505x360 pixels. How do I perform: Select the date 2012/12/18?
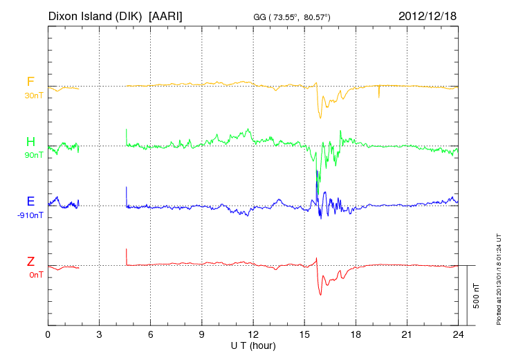[x=428, y=15]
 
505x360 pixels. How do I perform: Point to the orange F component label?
[x=30, y=82]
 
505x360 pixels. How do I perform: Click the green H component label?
[x=30, y=143]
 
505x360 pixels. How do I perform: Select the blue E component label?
[x=30, y=201]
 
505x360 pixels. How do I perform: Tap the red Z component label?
[x=30, y=262]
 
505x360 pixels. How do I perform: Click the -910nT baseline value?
[x=31, y=215]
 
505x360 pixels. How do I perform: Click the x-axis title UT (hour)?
[x=253, y=345]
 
